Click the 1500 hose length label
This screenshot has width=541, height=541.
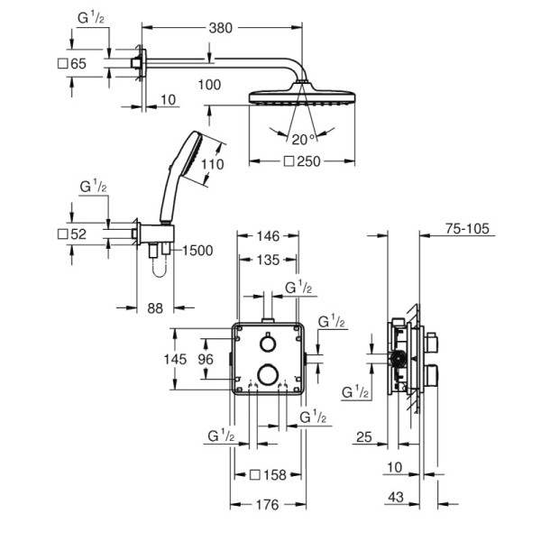(x=197, y=251)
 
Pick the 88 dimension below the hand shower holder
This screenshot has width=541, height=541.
(x=155, y=309)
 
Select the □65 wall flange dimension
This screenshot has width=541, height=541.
(x=71, y=64)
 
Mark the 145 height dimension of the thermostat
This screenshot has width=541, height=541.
(x=176, y=359)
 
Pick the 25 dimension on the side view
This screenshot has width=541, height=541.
(x=364, y=437)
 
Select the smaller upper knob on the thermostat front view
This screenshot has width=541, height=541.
(x=268, y=343)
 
